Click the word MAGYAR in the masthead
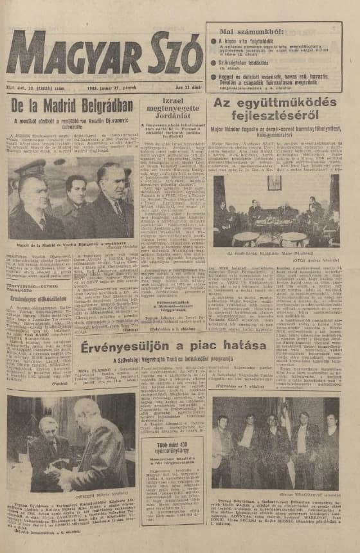(71, 53)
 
